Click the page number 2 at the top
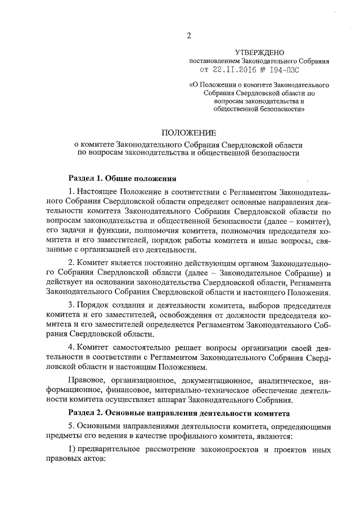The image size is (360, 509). point(189,36)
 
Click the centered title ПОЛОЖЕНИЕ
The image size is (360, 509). point(188,133)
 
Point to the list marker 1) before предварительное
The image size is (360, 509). point(72,452)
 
